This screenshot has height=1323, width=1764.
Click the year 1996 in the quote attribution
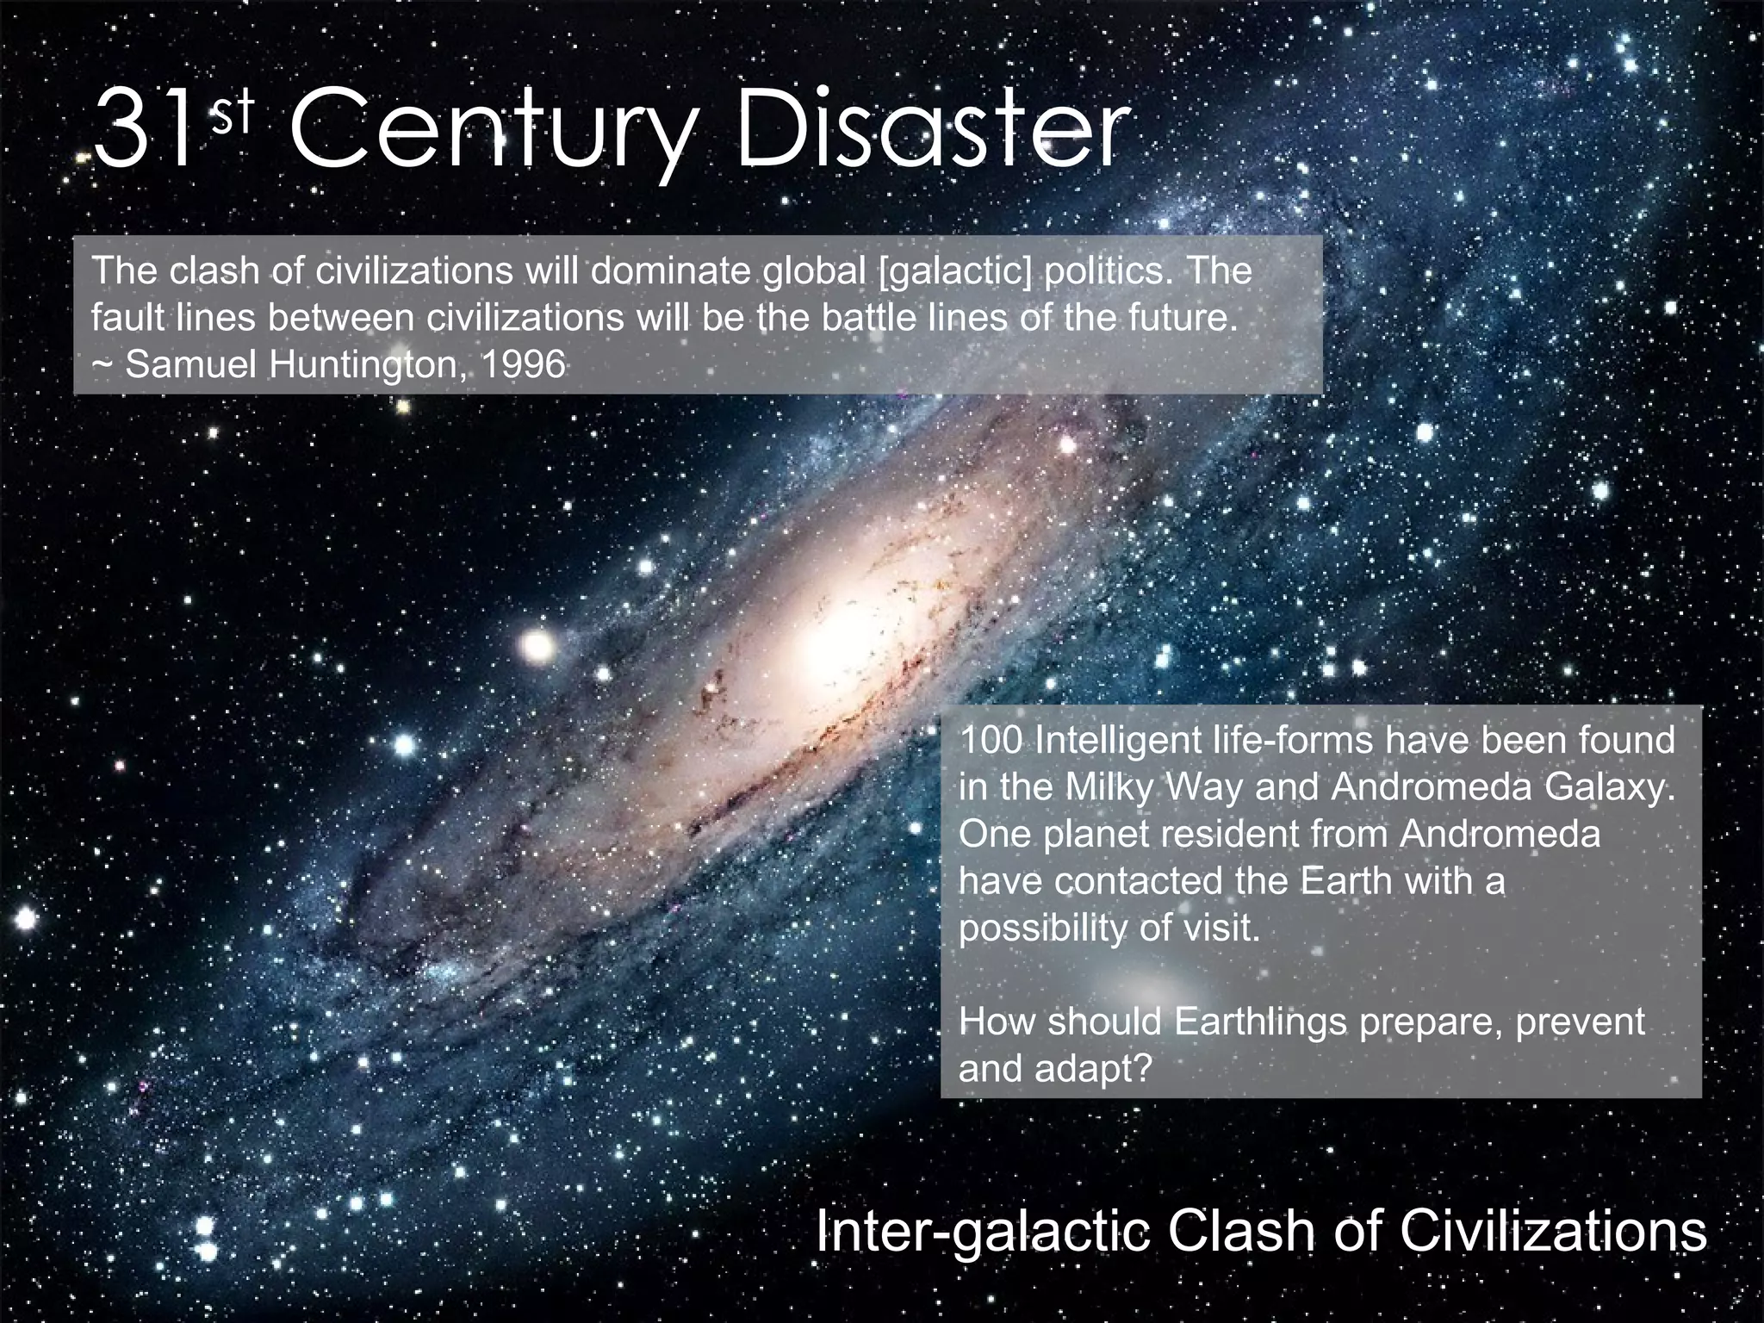coord(523,365)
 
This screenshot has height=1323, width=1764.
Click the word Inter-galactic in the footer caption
coord(981,1233)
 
